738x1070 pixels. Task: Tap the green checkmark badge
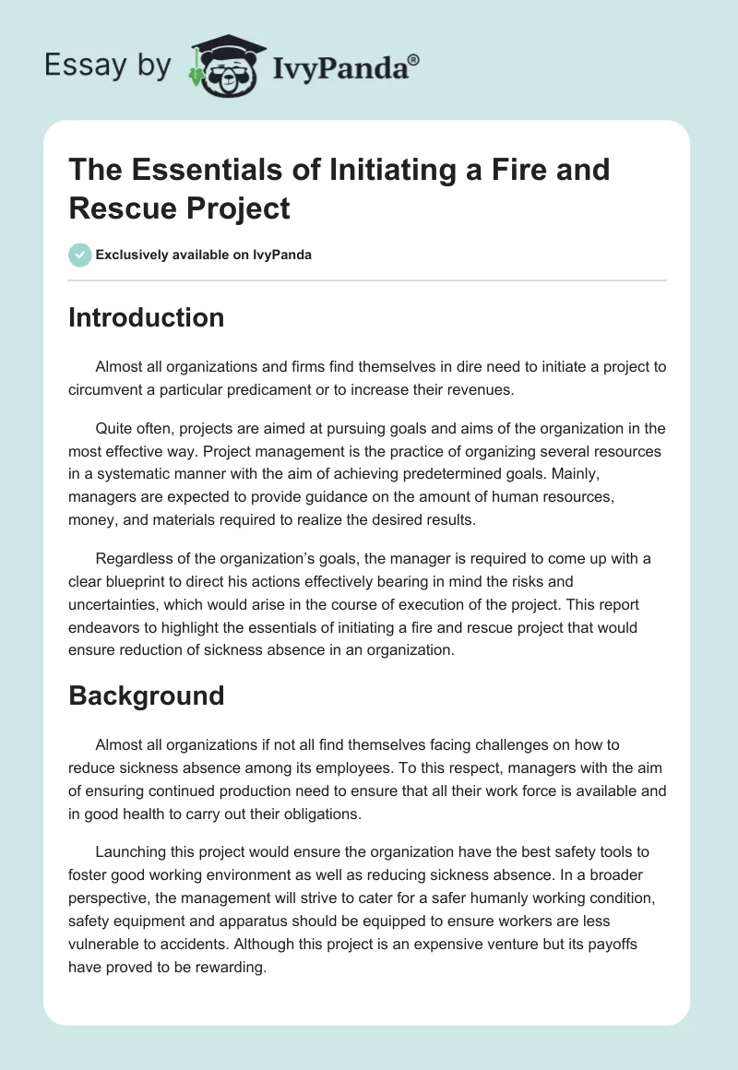[x=80, y=255]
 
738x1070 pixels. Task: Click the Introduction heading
[x=146, y=317]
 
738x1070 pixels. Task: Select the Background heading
[x=146, y=695]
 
